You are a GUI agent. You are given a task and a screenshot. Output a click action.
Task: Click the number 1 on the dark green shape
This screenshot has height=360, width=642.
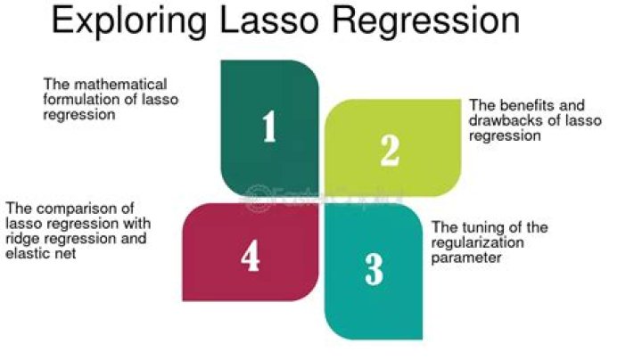point(268,128)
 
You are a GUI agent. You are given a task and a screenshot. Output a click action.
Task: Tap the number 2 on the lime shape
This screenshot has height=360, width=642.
point(390,150)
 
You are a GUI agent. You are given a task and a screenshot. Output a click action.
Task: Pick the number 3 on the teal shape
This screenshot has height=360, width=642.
point(374,269)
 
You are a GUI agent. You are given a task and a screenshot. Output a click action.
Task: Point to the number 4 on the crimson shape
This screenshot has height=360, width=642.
point(251,257)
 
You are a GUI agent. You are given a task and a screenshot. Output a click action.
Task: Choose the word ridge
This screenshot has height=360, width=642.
point(21,238)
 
